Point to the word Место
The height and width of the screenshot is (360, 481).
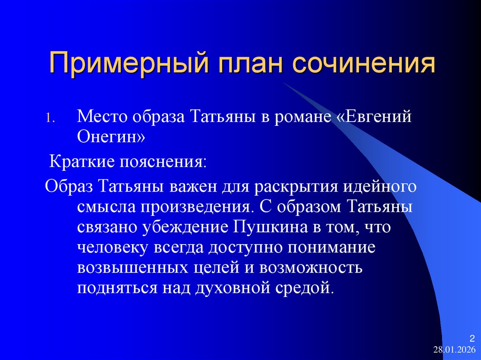click(x=103, y=116)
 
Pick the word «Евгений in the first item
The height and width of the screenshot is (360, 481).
click(x=374, y=116)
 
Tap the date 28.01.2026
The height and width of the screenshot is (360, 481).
click(x=454, y=350)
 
